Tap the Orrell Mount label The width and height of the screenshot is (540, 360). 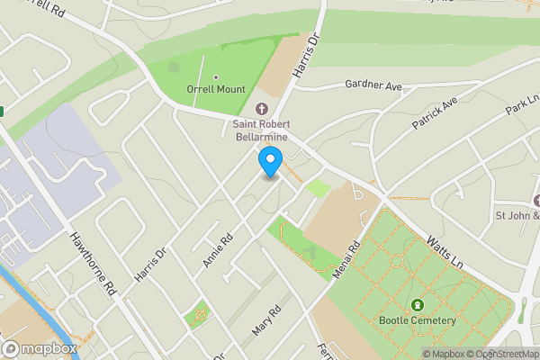216,90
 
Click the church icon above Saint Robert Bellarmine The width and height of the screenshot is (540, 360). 261,109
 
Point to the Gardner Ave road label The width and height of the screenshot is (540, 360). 372,85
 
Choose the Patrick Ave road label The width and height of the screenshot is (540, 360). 436,114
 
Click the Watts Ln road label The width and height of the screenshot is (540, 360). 444,254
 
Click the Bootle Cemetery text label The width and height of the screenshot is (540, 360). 418,320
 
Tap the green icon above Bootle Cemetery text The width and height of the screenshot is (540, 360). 418,304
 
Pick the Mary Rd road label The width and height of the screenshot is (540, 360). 266,320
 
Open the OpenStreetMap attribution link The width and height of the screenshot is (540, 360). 500,354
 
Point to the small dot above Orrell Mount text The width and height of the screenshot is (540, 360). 216,76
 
